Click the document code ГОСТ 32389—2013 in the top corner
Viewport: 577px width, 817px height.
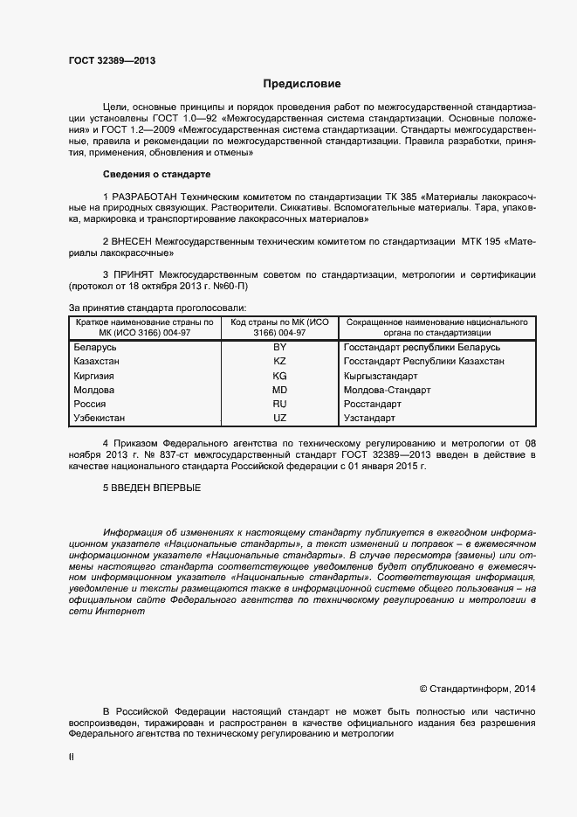112,60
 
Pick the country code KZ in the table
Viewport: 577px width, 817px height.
279,361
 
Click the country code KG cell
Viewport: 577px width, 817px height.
279,376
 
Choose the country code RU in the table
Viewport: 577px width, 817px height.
279,405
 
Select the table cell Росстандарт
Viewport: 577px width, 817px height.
373,405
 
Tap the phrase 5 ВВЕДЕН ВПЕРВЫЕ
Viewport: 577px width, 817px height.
152,487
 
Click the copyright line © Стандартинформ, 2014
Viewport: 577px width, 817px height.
477,689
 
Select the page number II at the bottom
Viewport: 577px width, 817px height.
72,758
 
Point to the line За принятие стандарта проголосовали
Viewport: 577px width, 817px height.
157,308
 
